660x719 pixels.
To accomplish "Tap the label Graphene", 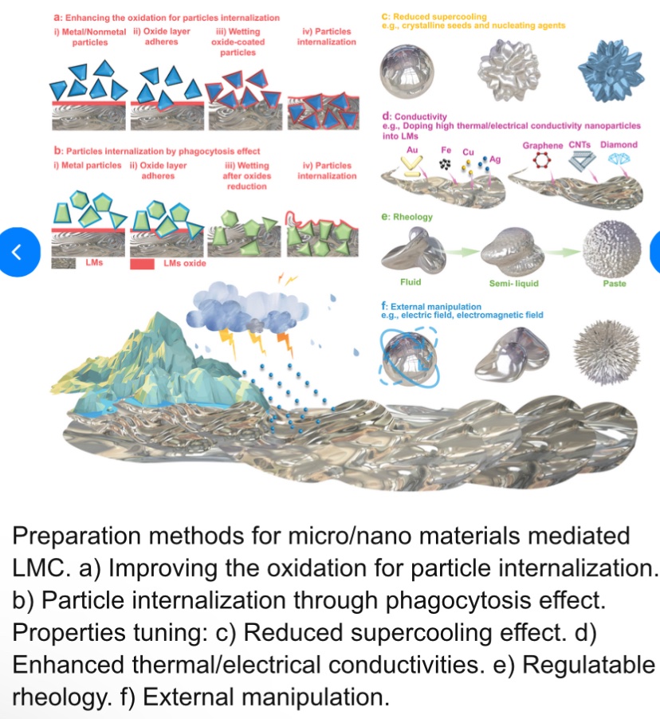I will point(542,145).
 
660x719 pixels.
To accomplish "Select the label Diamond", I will point(619,144).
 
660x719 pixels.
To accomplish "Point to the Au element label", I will point(412,149).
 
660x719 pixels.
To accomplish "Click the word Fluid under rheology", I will point(411,282).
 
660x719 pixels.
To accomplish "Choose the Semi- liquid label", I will point(513,283).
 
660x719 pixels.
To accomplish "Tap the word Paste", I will point(615,283).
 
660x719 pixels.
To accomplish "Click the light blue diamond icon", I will point(619,159).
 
